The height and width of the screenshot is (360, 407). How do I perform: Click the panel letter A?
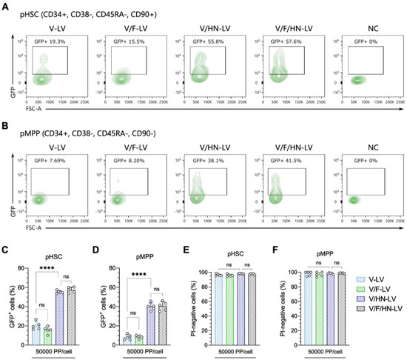4,5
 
